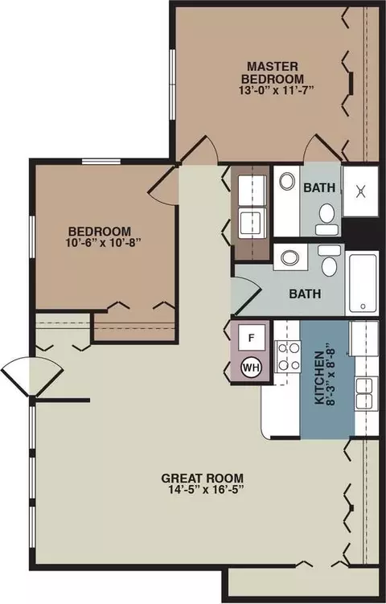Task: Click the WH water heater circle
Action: pyautogui.click(x=251, y=367)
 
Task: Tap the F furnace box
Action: pyautogui.click(x=252, y=338)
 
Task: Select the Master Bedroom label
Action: pyautogui.click(x=273, y=72)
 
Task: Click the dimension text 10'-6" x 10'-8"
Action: pyautogui.click(x=100, y=243)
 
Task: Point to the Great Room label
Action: pyautogui.click(x=202, y=478)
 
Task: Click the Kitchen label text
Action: pyautogui.click(x=319, y=377)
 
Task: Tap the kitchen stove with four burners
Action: pyautogui.click(x=288, y=357)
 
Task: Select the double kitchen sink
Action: pyautogui.click(x=363, y=393)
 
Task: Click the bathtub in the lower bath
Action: pyautogui.click(x=363, y=283)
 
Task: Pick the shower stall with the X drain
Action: pyautogui.click(x=360, y=191)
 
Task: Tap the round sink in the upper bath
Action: pyautogui.click(x=287, y=182)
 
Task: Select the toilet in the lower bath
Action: pyautogui.click(x=329, y=260)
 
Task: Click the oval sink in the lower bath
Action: pyautogui.click(x=290, y=257)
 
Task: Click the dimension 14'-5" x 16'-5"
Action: pyautogui.click(x=202, y=490)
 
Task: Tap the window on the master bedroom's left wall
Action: pyautogui.click(x=173, y=84)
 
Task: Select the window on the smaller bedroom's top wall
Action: pyautogui.click(x=101, y=162)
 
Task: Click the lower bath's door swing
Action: pyautogui.click(x=246, y=295)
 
